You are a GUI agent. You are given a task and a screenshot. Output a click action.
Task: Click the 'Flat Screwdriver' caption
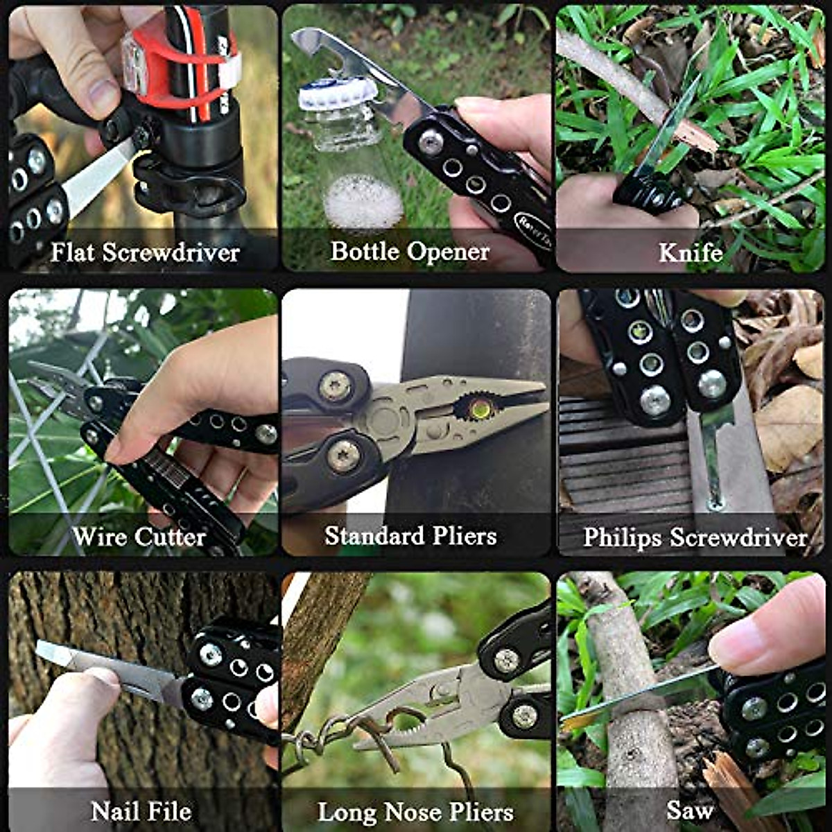[x=145, y=252]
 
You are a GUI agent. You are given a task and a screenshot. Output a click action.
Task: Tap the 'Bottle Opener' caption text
[x=410, y=251]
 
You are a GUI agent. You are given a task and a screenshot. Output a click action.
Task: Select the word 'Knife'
[x=690, y=252]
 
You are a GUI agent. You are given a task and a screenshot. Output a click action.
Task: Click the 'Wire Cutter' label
[x=139, y=537]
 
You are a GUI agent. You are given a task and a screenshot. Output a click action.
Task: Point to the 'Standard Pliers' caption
[x=410, y=536]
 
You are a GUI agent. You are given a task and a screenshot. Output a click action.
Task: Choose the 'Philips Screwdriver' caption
[x=695, y=537]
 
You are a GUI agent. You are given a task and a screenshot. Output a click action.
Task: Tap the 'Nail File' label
[x=141, y=811]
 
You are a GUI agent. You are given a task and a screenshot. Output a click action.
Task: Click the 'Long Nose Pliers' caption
[x=415, y=812]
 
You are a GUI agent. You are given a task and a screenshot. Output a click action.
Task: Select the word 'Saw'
[x=689, y=810]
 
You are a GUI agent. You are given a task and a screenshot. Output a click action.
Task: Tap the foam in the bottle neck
[x=363, y=201]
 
